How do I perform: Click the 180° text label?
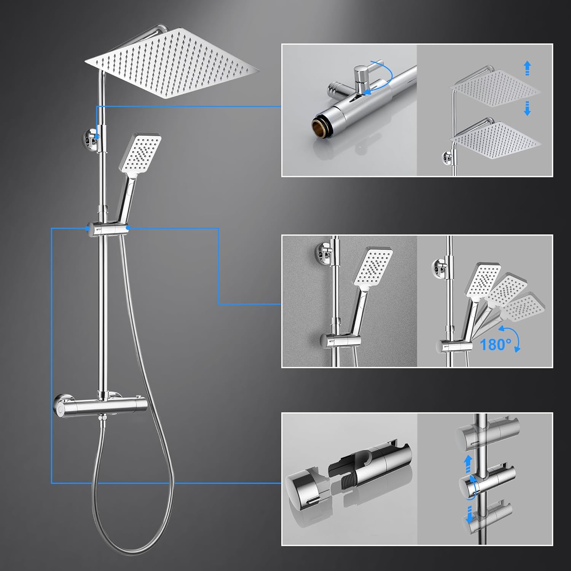coord(495,345)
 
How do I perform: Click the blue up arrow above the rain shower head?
coord(527,69)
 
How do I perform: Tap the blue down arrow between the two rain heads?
coord(527,108)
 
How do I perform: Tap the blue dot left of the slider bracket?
coord(88,228)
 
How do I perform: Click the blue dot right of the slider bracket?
coord(128,228)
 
